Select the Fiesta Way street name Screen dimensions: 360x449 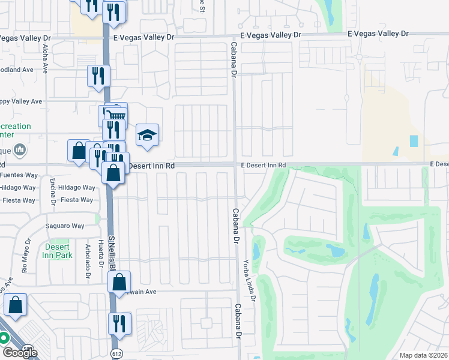click(77, 200)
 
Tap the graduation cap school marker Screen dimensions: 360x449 click(146, 136)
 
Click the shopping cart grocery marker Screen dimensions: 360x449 click(116, 113)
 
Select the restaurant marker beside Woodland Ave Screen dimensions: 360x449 click(98, 76)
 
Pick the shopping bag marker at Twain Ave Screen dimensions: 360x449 click(119, 281)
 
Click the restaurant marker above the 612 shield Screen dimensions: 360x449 click(119, 323)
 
